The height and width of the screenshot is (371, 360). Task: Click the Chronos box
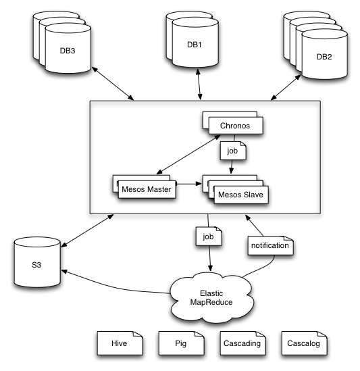[x=236, y=126]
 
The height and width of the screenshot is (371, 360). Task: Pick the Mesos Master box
[x=143, y=189]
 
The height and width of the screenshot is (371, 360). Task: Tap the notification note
[x=270, y=246]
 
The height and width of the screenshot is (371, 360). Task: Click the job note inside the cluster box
[x=232, y=151]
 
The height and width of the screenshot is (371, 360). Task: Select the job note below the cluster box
[x=208, y=237]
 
